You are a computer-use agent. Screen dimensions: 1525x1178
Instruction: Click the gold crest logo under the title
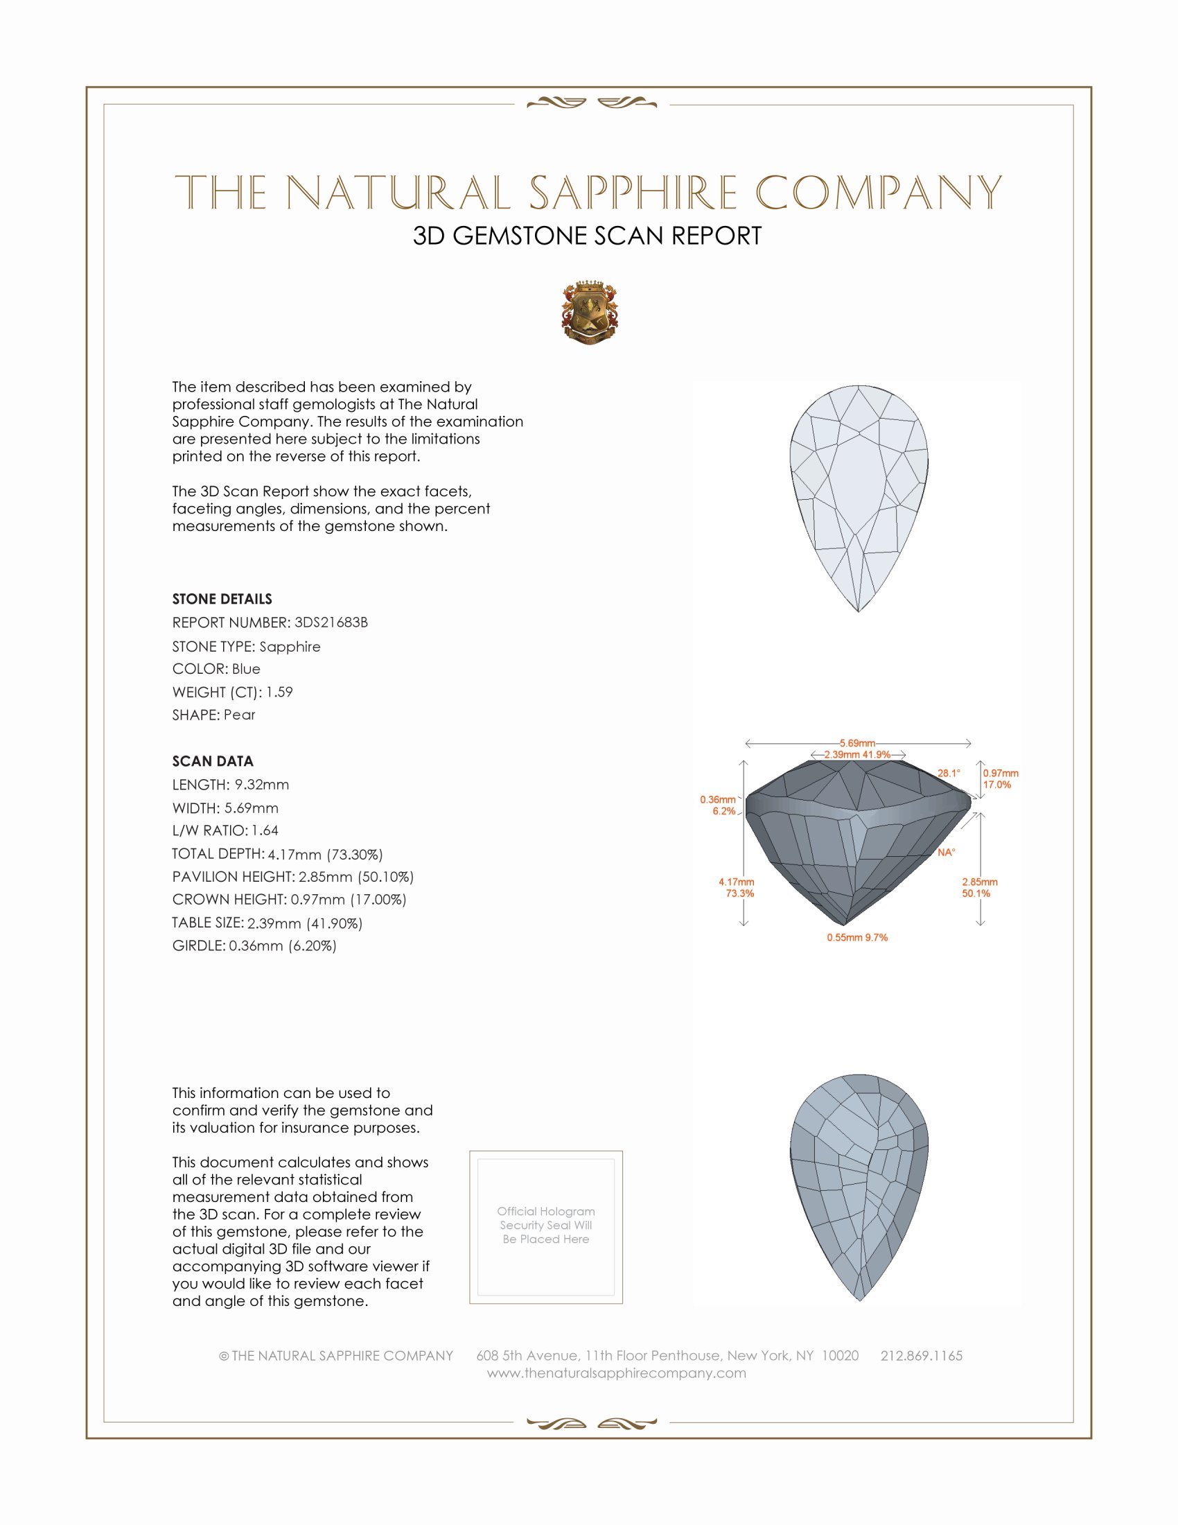point(590,312)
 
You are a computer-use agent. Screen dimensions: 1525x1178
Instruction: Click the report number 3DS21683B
point(331,622)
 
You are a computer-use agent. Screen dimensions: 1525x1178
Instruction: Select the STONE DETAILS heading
point(222,599)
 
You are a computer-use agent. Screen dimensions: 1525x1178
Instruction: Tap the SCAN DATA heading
point(213,761)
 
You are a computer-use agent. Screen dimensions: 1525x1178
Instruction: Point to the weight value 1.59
point(279,692)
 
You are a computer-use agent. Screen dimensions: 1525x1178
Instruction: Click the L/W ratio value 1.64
point(265,830)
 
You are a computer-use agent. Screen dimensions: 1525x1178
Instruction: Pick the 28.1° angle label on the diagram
point(949,773)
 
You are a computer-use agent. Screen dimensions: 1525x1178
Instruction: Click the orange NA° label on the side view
point(947,853)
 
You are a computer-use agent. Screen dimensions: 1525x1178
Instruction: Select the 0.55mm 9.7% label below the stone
point(857,938)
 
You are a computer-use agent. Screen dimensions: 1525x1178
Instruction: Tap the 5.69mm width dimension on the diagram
point(857,743)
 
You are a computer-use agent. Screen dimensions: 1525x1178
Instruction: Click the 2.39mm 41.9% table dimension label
point(857,755)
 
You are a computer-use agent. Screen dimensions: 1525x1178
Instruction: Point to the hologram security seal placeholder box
point(546,1227)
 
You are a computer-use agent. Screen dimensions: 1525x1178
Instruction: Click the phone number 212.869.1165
point(921,1355)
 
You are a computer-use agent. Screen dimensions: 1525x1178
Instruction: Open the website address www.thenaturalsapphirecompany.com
point(616,1372)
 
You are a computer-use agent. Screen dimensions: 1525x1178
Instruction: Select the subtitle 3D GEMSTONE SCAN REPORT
point(587,236)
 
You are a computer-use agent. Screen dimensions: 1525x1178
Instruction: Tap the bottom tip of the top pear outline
point(859,611)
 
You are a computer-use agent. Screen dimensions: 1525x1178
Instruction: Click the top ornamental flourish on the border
point(591,103)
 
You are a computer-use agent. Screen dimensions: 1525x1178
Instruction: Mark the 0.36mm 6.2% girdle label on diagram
point(719,805)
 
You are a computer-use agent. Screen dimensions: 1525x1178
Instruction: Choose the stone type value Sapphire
point(290,647)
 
